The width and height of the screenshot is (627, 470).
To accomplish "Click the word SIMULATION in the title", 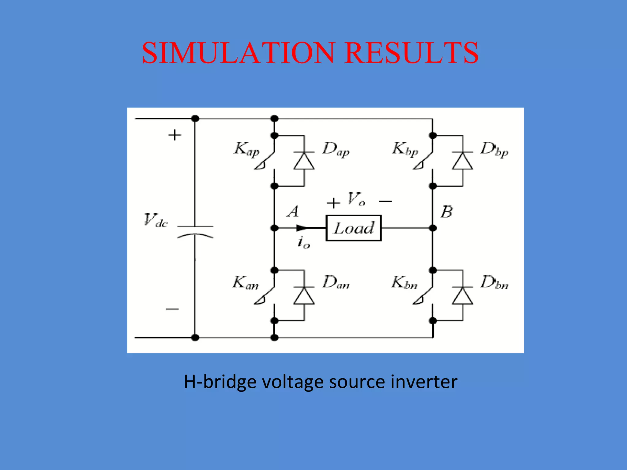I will point(238,53).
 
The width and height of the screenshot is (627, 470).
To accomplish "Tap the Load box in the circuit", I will point(353,228).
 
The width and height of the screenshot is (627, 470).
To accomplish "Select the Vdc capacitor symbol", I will point(195,231).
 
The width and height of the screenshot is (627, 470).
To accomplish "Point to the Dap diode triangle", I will point(304,161).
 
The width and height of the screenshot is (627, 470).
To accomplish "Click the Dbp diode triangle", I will point(462,161).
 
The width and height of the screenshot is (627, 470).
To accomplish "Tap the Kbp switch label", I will point(405,150).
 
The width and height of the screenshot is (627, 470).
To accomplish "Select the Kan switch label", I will point(245,282).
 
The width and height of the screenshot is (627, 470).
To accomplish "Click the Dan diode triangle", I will point(304,296).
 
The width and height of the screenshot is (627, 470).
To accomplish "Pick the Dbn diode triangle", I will point(462,296).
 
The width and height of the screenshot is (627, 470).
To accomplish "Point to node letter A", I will point(293,211).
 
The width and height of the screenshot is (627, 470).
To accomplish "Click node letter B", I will point(447,212).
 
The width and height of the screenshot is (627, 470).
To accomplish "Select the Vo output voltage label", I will point(356,199).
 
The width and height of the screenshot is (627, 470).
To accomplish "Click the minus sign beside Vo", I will point(385,201).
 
